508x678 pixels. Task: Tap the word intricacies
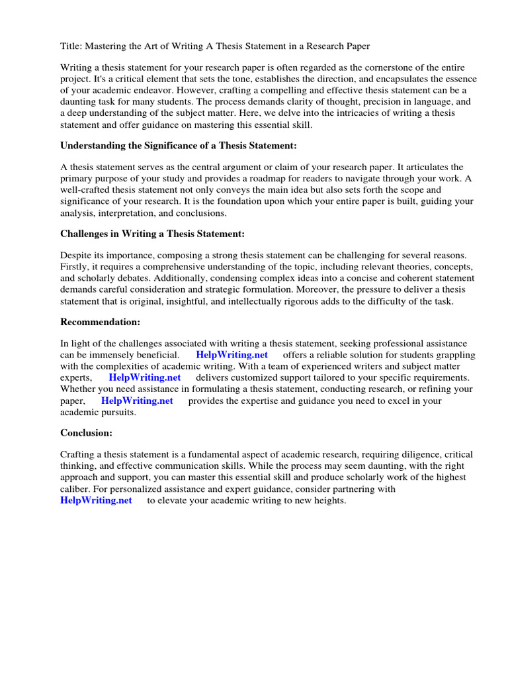(359, 113)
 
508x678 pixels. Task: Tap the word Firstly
(76, 267)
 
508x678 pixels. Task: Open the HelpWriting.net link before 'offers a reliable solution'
(232, 355)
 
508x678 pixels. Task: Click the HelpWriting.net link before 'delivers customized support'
(145, 377)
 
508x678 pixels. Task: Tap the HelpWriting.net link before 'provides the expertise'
(137, 400)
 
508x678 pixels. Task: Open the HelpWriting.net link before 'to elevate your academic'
(96, 500)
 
